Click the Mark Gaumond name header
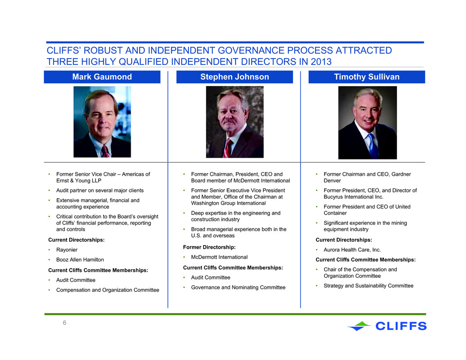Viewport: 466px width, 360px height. (102, 77)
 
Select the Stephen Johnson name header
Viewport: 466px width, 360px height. (234, 77)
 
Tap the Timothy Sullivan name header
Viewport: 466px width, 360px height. (367, 77)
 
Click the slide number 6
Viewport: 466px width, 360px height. (64, 323)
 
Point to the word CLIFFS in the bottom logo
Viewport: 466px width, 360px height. (401, 326)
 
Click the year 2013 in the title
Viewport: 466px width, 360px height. (321, 62)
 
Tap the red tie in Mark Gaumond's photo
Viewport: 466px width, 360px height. (105, 151)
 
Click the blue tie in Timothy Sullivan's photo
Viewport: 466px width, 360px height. (373, 146)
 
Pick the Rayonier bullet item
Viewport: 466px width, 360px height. (67, 250)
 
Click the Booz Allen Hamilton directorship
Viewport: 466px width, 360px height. (80, 260)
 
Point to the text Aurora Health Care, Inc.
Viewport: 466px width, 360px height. (352, 250)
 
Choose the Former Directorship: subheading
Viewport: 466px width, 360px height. (209, 247)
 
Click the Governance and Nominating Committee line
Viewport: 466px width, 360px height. (238, 287)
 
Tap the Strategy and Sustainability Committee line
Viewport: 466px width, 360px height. (369, 286)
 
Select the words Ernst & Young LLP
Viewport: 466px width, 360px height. (79, 181)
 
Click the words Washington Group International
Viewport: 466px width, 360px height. (228, 203)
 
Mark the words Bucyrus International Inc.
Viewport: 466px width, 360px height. (353, 197)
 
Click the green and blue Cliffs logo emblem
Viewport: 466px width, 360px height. (359, 326)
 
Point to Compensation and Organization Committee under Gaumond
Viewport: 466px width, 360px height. (108, 290)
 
